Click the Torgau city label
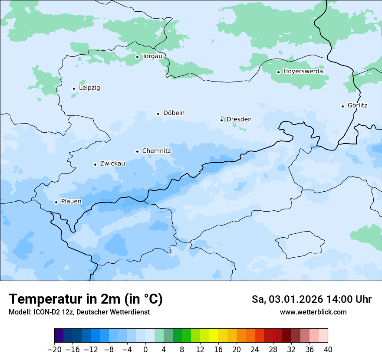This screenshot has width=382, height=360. (152, 56)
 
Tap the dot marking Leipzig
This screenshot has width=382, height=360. (74, 88)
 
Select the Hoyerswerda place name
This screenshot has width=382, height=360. (303, 72)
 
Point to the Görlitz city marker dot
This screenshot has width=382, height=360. (342, 106)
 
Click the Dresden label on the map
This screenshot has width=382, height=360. (239, 120)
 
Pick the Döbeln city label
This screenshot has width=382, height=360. (174, 113)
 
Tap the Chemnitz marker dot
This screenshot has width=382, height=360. (137, 151)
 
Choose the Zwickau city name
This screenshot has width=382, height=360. (112, 164)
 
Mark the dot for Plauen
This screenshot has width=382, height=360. (56, 202)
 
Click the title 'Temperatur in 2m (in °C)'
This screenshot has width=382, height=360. (86, 299)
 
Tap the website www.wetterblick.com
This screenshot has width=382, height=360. (313, 312)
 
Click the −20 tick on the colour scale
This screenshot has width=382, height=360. (54, 350)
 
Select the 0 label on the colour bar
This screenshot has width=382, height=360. (145, 350)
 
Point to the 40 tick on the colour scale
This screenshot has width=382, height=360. (328, 350)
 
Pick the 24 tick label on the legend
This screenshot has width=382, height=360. (255, 350)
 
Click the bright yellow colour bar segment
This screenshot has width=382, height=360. (214, 336)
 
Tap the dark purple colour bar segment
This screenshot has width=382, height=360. (59, 336)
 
